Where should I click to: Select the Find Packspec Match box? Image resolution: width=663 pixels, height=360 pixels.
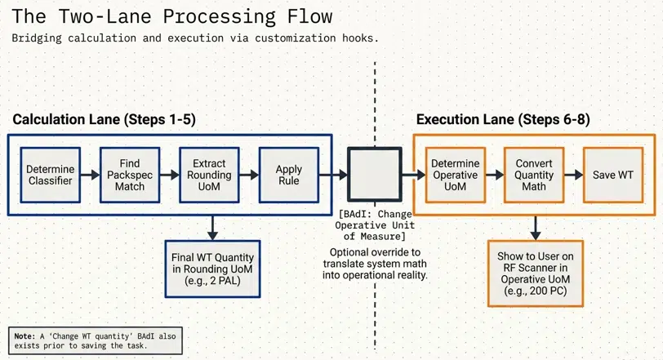pyautogui.click(x=129, y=175)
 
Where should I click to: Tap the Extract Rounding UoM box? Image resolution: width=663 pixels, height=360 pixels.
pyautogui.click(x=209, y=175)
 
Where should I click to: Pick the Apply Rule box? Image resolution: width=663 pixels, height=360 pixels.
pyautogui.click(x=288, y=175)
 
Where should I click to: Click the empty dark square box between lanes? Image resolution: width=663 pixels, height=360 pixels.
pyautogui.click(x=374, y=175)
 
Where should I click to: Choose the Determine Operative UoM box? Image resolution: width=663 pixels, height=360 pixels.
pyautogui.click(x=455, y=175)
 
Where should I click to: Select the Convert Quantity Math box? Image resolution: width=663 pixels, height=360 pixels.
pyautogui.click(x=534, y=175)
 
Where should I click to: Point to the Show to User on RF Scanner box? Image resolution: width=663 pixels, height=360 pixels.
pyautogui.click(x=535, y=273)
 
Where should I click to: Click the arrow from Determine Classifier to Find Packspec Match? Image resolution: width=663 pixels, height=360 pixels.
pyautogui.click(x=91, y=175)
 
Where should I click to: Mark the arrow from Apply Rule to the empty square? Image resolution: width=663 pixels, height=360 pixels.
pyautogui.click(x=332, y=175)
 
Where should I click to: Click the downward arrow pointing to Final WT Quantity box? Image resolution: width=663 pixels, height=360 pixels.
pyautogui.click(x=211, y=226)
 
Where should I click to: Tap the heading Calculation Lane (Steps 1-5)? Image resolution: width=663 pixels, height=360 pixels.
pyautogui.click(x=104, y=119)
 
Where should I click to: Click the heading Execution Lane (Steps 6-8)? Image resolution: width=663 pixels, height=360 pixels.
pyautogui.click(x=503, y=119)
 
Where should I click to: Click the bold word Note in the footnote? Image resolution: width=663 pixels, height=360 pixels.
pyautogui.click(x=24, y=336)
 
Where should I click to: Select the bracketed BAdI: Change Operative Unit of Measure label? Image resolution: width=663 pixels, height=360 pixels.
pyautogui.click(x=375, y=224)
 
